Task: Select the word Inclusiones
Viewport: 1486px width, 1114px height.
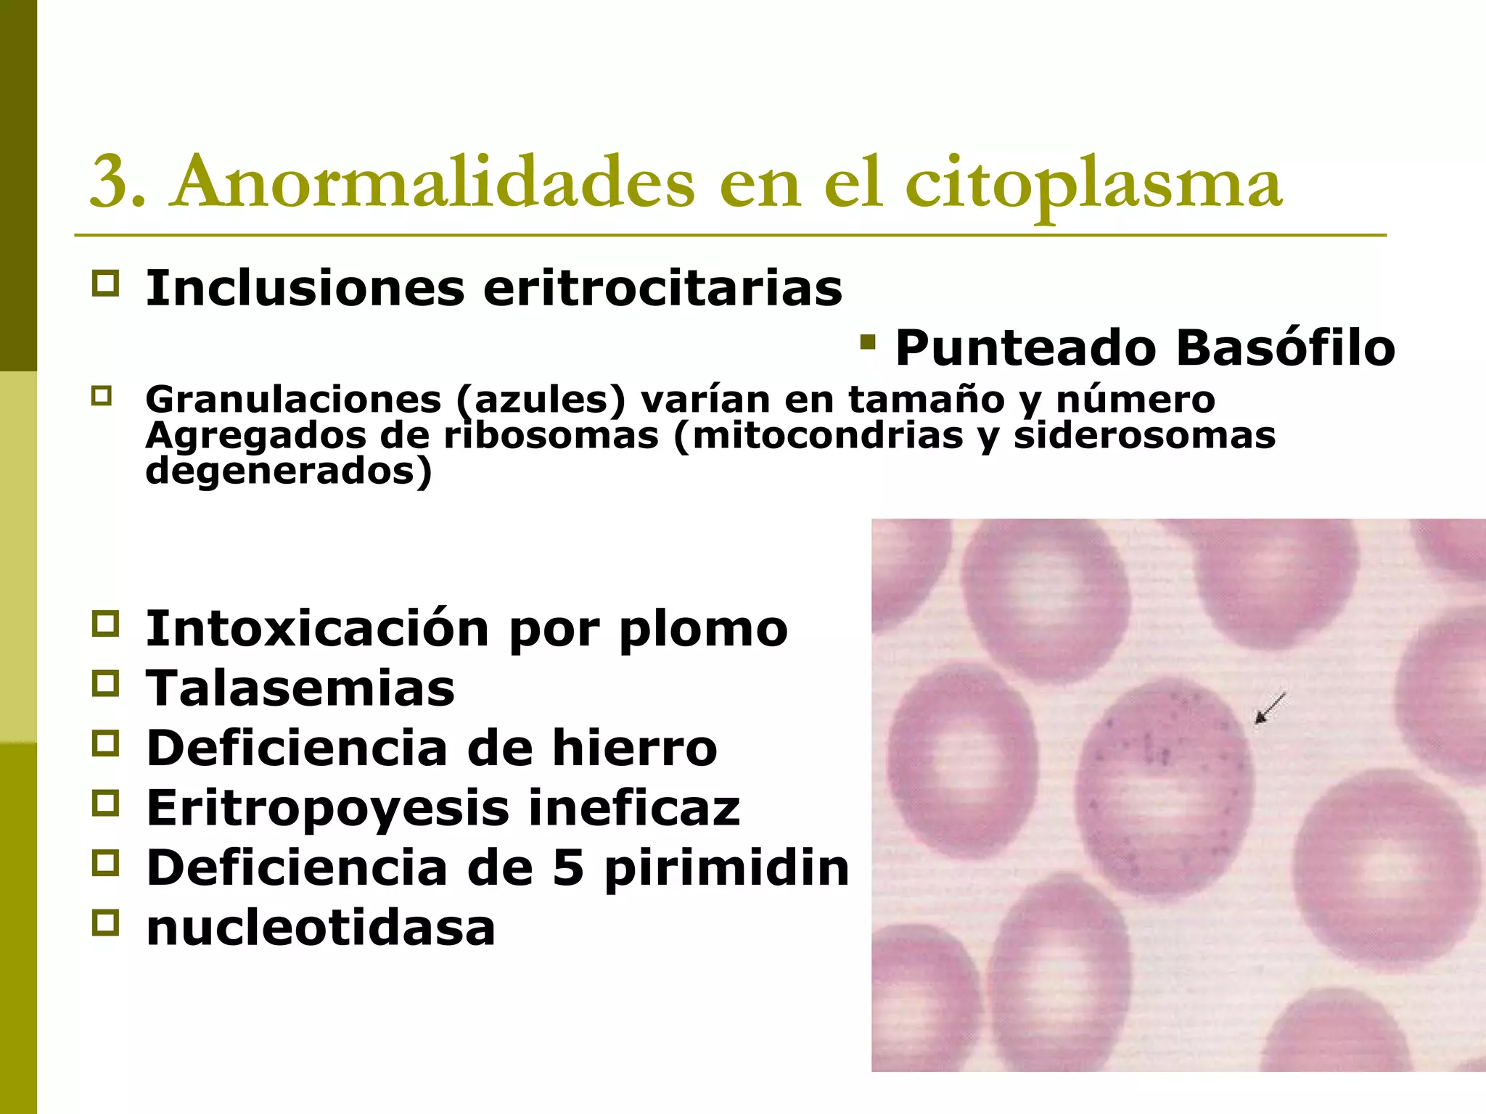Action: pyautogui.click(x=305, y=289)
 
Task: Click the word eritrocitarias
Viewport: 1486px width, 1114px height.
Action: pyautogui.click(x=662, y=289)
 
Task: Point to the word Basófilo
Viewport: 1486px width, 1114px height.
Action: pyautogui.click(x=1286, y=348)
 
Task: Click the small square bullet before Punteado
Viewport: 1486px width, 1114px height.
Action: pyautogui.click(x=866, y=342)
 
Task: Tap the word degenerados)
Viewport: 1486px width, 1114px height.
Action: pyautogui.click(x=289, y=471)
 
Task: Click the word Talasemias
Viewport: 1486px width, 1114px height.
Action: pyautogui.click(x=300, y=688)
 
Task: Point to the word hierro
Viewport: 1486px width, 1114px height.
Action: pyautogui.click(x=635, y=748)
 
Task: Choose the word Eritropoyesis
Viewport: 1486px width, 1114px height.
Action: pyautogui.click(x=328, y=808)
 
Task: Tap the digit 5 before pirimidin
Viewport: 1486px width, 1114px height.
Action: pyautogui.click(x=568, y=867)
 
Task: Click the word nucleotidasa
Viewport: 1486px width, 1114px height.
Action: pyautogui.click(x=321, y=928)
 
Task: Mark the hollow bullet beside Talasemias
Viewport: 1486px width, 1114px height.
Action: pyautogui.click(x=105, y=684)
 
